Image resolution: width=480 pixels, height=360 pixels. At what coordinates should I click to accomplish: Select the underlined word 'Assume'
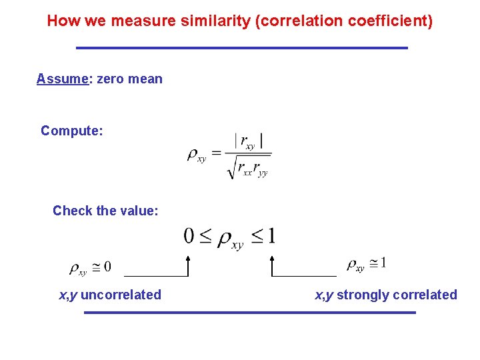pyautogui.click(x=62, y=79)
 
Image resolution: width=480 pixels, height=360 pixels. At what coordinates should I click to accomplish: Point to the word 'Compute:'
pyautogui.click(x=72, y=131)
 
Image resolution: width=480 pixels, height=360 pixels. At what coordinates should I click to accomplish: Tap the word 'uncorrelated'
pyautogui.click(x=121, y=295)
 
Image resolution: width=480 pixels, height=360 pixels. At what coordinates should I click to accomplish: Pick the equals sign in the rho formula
pyautogui.click(x=217, y=155)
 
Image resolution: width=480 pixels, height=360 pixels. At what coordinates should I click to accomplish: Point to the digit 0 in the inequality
pyautogui.click(x=189, y=236)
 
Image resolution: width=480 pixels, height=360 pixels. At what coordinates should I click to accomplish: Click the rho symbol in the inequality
pyautogui.click(x=226, y=238)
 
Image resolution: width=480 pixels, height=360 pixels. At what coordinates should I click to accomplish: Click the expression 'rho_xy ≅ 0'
pyautogui.click(x=90, y=268)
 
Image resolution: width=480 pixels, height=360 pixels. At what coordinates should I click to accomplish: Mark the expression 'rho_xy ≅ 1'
pyautogui.click(x=366, y=264)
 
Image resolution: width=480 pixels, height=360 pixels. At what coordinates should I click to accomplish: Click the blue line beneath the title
pyautogui.click(x=241, y=48)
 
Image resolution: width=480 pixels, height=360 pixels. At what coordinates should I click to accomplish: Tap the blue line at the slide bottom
pyautogui.click(x=249, y=312)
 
